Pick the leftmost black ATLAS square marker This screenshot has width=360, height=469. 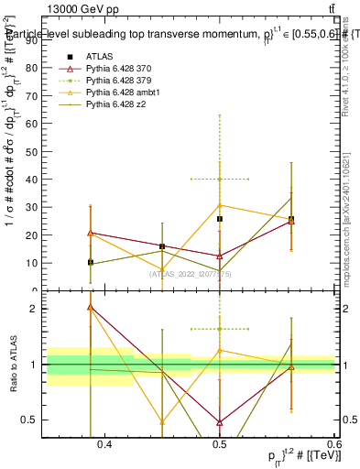(90, 262)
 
